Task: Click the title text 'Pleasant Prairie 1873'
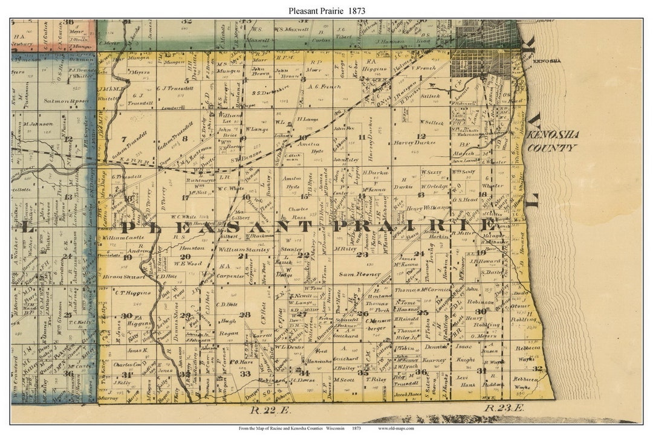[x=326, y=10]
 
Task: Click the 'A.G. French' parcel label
[x=324, y=86]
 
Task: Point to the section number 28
[x=244, y=314]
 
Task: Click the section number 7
[x=124, y=139]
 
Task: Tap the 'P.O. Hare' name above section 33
[x=245, y=362]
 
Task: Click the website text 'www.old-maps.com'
[x=396, y=428]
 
